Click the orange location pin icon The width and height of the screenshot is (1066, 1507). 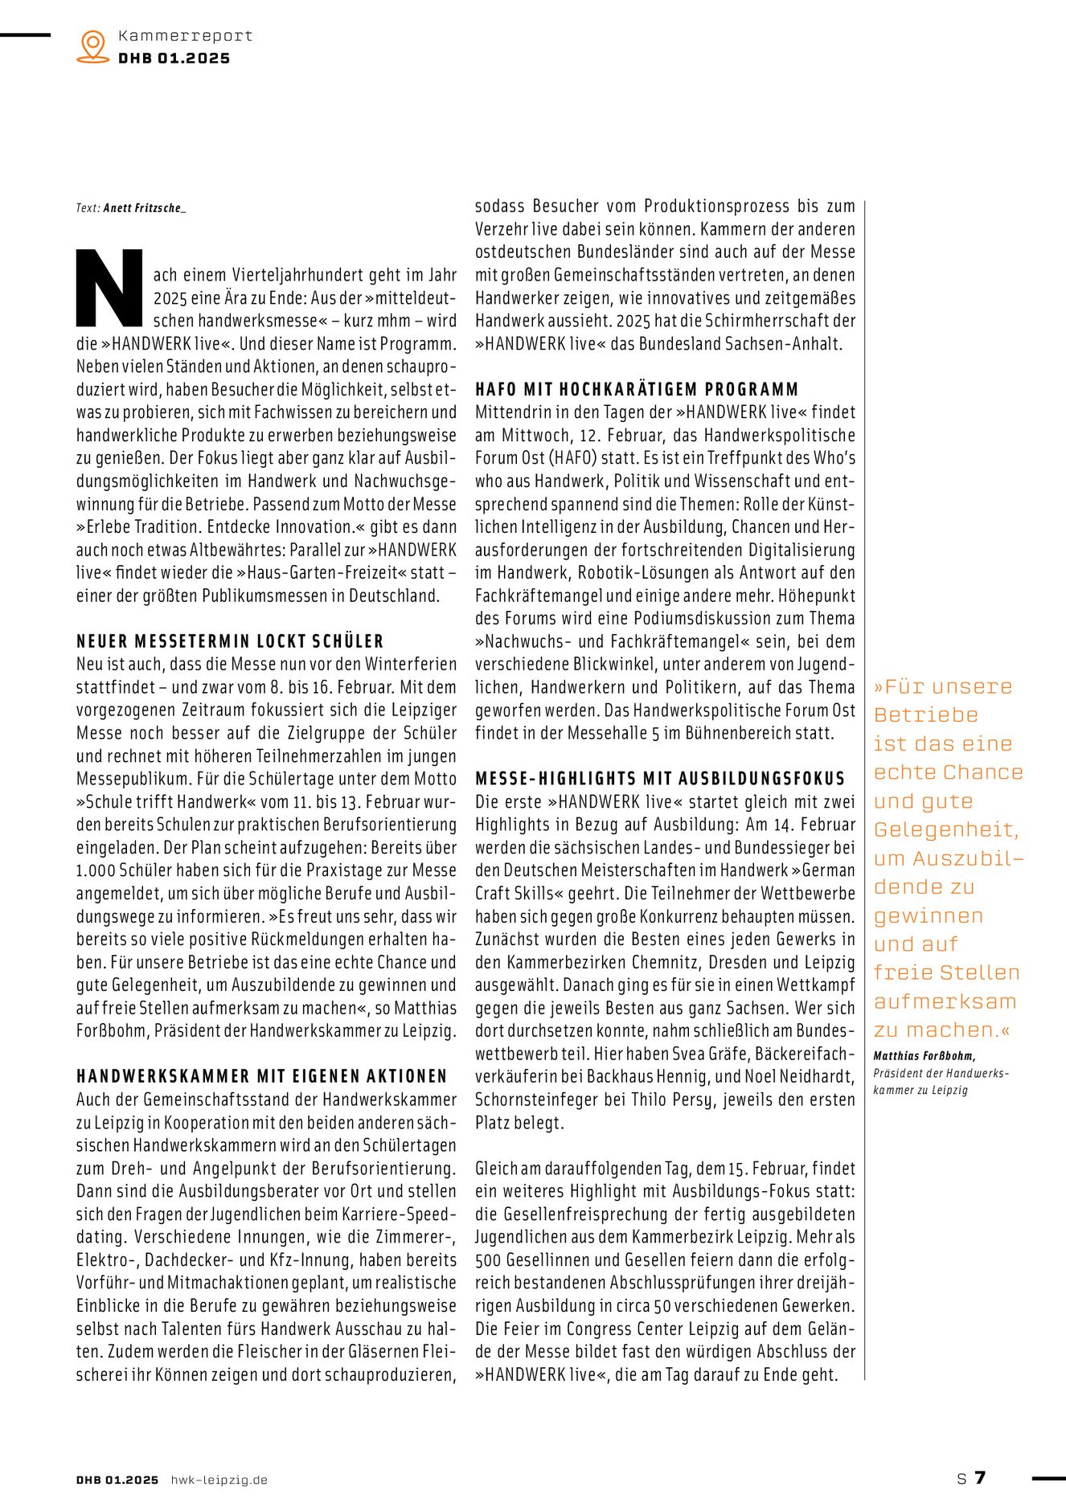coord(93,46)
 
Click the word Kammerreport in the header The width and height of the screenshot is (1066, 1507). coord(185,35)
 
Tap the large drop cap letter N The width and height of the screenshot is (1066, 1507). coord(110,289)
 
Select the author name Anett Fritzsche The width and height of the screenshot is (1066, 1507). coord(145,208)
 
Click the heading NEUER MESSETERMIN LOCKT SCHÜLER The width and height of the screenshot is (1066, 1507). coord(230,641)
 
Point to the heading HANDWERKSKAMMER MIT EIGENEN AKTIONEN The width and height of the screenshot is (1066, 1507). coord(261,1076)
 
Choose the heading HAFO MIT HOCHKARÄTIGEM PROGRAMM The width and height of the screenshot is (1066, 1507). coord(637,390)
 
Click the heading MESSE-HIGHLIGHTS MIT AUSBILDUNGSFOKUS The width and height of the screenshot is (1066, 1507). coord(660,779)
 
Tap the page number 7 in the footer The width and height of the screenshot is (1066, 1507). coord(980,1477)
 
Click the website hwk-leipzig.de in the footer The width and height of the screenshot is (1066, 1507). coord(219,1480)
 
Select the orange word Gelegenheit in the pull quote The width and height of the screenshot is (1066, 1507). coord(946,829)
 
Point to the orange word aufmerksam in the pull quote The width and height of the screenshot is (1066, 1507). coord(945,1001)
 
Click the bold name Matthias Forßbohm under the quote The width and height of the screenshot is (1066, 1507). coord(925,1056)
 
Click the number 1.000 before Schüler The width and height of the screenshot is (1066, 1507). coord(96,870)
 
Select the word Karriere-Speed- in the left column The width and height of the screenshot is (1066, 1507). coord(396,1214)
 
